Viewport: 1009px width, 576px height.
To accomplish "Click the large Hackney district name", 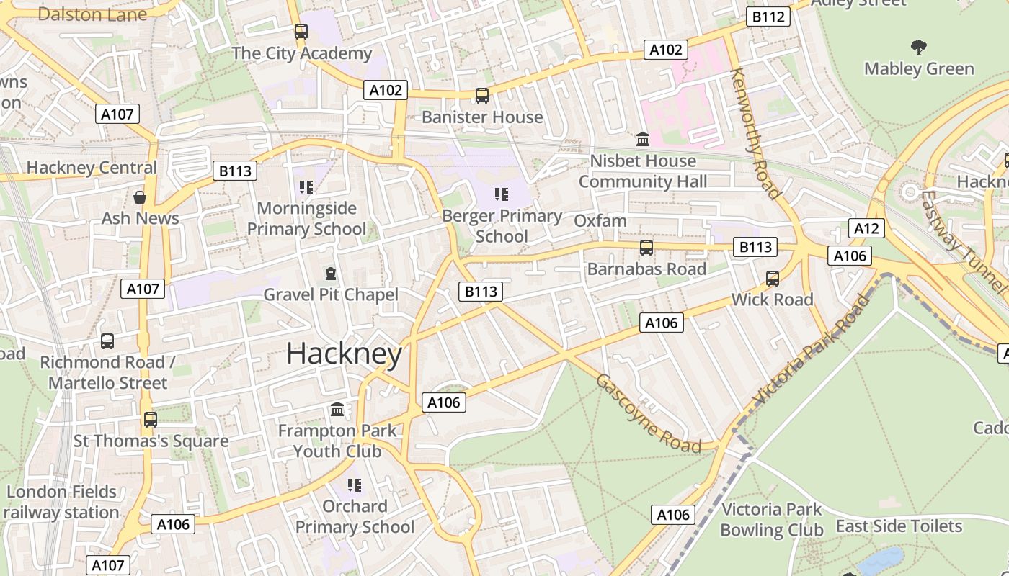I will tap(344, 354).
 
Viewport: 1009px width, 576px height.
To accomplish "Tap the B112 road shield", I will tap(768, 17).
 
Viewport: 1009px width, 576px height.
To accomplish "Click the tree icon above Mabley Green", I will tap(918, 48).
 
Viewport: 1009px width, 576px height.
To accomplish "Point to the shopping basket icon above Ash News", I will tap(140, 197).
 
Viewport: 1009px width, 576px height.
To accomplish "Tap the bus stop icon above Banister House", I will tap(481, 95).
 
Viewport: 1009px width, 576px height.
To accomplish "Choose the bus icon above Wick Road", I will tap(773, 278).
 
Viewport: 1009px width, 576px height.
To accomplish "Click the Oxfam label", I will tap(600, 220).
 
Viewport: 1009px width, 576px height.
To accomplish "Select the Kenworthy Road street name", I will tap(755, 133).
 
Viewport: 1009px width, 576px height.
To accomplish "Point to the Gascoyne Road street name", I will tap(648, 413).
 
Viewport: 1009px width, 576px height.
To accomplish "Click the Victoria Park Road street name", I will tap(811, 351).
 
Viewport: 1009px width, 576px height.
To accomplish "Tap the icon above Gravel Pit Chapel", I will tap(330, 274).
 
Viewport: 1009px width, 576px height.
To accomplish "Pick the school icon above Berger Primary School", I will tap(502, 194).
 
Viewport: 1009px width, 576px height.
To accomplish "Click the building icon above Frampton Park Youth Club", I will tap(337, 410).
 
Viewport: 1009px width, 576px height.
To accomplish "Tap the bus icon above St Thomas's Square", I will tap(150, 419).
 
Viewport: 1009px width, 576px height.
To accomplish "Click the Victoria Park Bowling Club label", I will tap(771, 520).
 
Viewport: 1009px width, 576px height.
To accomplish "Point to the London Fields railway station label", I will tap(62, 503).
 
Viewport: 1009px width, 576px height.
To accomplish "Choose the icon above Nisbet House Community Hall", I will tap(642, 138).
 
